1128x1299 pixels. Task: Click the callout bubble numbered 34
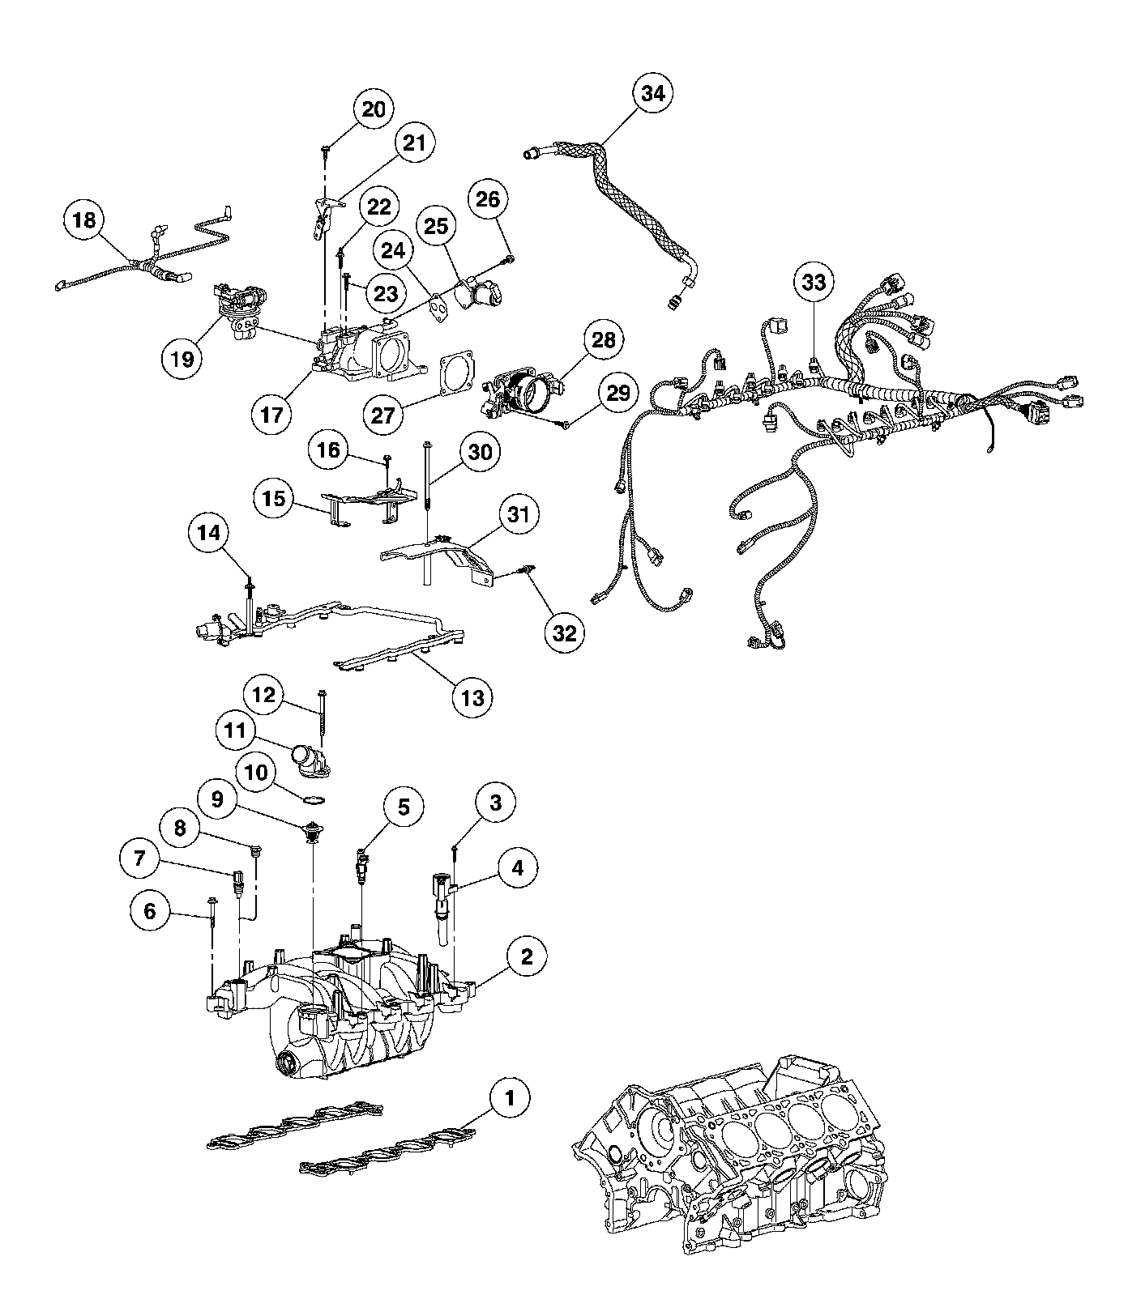[x=652, y=94]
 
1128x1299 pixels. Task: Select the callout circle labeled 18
[x=85, y=220]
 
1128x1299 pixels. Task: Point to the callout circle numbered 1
[x=509, y=1099]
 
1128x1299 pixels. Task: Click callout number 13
[x=472, y=696]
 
